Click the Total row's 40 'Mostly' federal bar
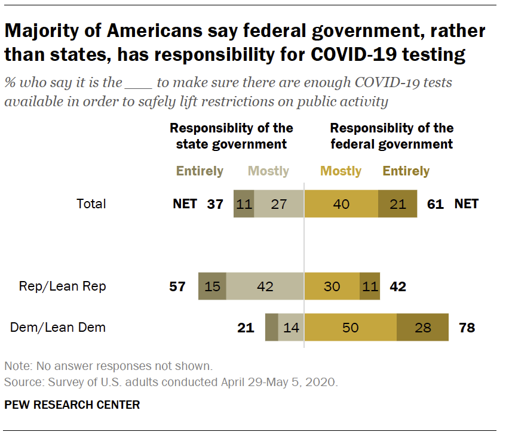pyautogui.click(x=341, y=204)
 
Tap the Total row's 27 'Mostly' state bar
pyautogui.click(x=279, y=204)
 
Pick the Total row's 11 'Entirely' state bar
pyautogui.click(x=244, y=204)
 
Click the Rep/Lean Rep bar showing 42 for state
pyautogui.click(x=265, y=286)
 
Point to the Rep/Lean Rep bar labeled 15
pyautogui.click(x=212, y=286)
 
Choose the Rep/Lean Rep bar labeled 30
pyautogui.click(x=332, y=286)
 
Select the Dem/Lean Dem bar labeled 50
pyautogui.click(x=350, y=327)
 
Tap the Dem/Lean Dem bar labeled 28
pyautogui.click(x=422, y=327)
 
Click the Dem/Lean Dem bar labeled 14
pyautogui.click(x=291, y=327)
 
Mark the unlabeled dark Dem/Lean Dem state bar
pyautogui.click(x=271, y=327)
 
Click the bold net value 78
pyautogui.click(x=467, y=327)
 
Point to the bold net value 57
pyautogui.click(x=178, y=286)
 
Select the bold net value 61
pyautogui.click(x=436, y=204)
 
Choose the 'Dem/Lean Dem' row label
pyautogui.click(x=58, y=327)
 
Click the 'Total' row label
pyautogui.click(x=91, y=204)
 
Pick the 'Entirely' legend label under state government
pyautogui.click(x=200, y=171)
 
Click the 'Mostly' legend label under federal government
pyautogui.click(x=341, y=171)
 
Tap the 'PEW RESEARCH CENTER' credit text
pyautogui.click(x=72, y=405)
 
